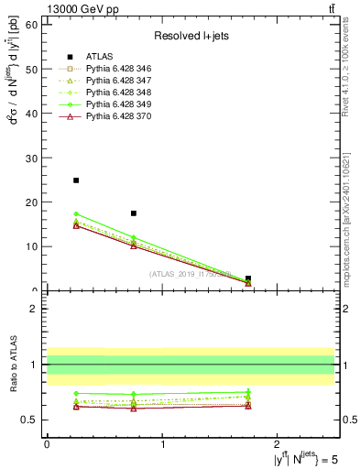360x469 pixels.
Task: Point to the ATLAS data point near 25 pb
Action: point(76,180)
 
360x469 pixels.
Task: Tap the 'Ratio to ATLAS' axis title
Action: point(12,364)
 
